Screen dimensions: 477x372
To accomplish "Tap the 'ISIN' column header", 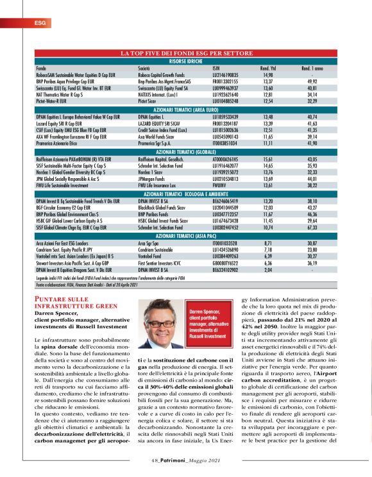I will (x=216, y=67).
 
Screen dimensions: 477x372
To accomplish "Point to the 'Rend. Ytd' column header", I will (x=268, y=67).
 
